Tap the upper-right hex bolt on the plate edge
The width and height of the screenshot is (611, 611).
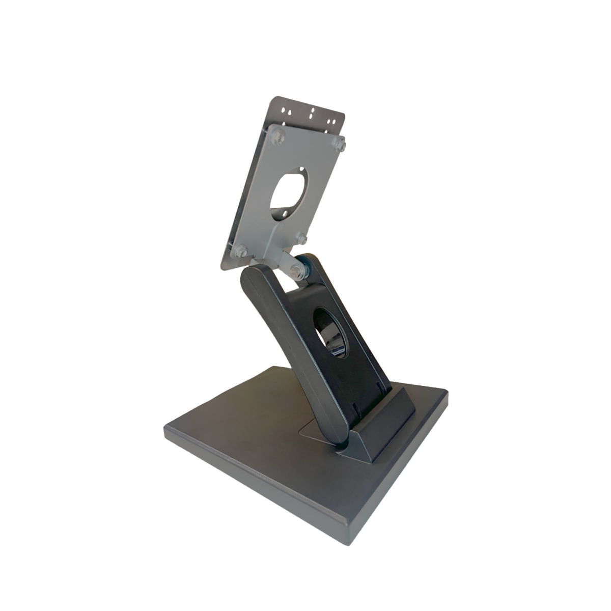(x=340, y=144)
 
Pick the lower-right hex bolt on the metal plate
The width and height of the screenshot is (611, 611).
(x=301, y=238)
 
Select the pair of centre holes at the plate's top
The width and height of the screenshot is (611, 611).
(x=312, y=114)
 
